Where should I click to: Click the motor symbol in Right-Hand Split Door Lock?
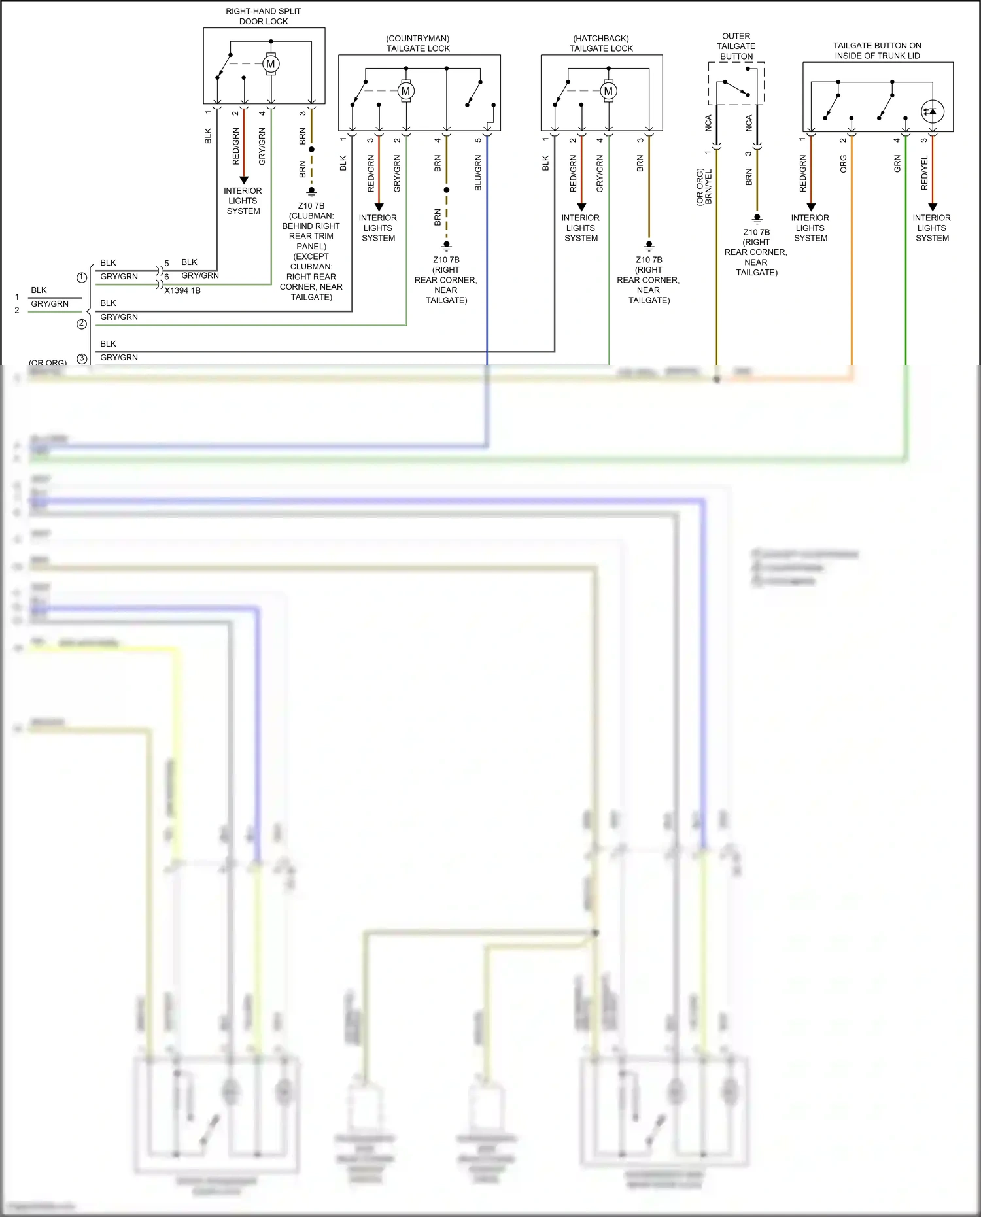pos(271,64)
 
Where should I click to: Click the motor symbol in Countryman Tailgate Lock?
pos(406,91)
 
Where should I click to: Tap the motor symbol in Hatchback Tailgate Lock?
pos(609,91)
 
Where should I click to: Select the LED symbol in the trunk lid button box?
pos(932,111)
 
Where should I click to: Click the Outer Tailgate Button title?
pos(736,46)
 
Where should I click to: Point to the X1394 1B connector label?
pos(182,290)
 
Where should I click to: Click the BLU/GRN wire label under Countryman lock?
pos(478,173)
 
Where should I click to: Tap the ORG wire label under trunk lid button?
pos(843,164)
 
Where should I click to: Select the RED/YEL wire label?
pos(924,173)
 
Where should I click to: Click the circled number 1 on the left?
pos(82,277)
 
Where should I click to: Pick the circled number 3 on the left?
pos(82,358)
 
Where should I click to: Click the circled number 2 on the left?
pos(82,324)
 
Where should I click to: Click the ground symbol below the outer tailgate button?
pos(757,219)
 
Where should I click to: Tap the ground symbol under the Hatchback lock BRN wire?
pos(649,247)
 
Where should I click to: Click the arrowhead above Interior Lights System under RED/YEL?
pos(933,207)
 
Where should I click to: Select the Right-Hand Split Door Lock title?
pos(264,16)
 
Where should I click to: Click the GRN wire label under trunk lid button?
pos(897,164)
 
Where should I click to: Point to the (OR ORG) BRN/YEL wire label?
pos(704,188)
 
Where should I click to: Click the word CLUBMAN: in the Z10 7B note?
pos(311,216)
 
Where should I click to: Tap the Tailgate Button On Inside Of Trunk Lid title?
pos(877,50)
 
